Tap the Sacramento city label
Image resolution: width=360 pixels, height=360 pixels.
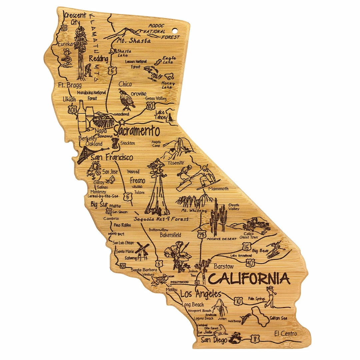tap(136, 131)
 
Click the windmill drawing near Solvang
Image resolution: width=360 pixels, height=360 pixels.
tap(142, 251)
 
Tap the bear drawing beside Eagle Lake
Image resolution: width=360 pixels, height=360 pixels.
tap(169, 76)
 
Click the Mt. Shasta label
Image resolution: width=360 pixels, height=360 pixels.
tap(134, 41)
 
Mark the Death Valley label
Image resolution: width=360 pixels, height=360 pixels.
tap(234, 207)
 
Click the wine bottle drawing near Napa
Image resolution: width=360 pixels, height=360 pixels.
tap(81, 115)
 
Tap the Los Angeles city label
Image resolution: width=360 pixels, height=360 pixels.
tap(200, 294)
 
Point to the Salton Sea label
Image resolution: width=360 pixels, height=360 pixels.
tap(278, 318)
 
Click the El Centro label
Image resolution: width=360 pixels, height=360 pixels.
tap(285, 333)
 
